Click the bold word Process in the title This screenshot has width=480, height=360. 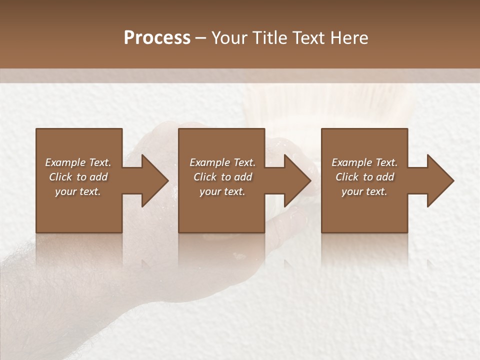[x=157, y=38]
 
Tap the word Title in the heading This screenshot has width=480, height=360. [x=268, y=38]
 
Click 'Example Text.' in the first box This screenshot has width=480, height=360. [x=78, y=162]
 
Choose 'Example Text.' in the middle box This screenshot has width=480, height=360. [x=222, y=162]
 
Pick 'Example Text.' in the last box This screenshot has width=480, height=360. [x=364, y=162]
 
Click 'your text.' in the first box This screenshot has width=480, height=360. [x=78, y=191]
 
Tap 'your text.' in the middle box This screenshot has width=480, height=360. [x=222, y=191]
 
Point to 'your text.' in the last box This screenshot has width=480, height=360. [x=364, y=191]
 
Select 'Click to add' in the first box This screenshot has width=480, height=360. [x=78, y=177]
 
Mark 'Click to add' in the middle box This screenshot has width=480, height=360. [x=222, y=177]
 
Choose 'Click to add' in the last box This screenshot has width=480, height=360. [x=364, y=177]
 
